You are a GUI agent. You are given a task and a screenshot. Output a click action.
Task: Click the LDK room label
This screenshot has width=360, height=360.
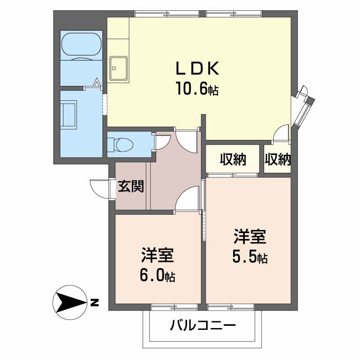pyautogui.click(x=197, y=68)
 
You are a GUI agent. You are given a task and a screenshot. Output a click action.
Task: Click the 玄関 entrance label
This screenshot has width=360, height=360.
pyautogui.click(x=131, y=186)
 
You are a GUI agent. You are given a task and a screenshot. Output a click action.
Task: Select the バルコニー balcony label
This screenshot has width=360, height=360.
pyautogui.click(x=203, y=325)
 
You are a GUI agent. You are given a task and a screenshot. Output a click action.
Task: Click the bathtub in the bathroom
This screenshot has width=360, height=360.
pyautogui.click(x=81, y=44)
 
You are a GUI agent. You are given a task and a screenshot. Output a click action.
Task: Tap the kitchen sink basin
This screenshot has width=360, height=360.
pyautogui.click(x=118, y=68)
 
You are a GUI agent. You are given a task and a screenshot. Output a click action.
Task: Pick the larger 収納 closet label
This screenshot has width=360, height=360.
pyautogui.click(x=233, y=159)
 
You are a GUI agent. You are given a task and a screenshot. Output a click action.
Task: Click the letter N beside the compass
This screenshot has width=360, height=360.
pyautogui.click(x=94, y=302)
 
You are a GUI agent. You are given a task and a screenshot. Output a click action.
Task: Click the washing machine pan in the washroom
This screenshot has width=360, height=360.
pyautogui.click(x=68, y=115)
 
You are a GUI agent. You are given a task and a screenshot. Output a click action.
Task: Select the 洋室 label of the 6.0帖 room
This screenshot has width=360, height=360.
pyautogui.click(x=157, y=255)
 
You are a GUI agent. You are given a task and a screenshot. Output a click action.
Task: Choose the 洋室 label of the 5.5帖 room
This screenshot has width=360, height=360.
pyautogui.click(x=250, y=236)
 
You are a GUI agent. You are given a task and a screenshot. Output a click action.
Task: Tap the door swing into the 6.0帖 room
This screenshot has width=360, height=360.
pyautogui.click(x=186, y=198)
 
